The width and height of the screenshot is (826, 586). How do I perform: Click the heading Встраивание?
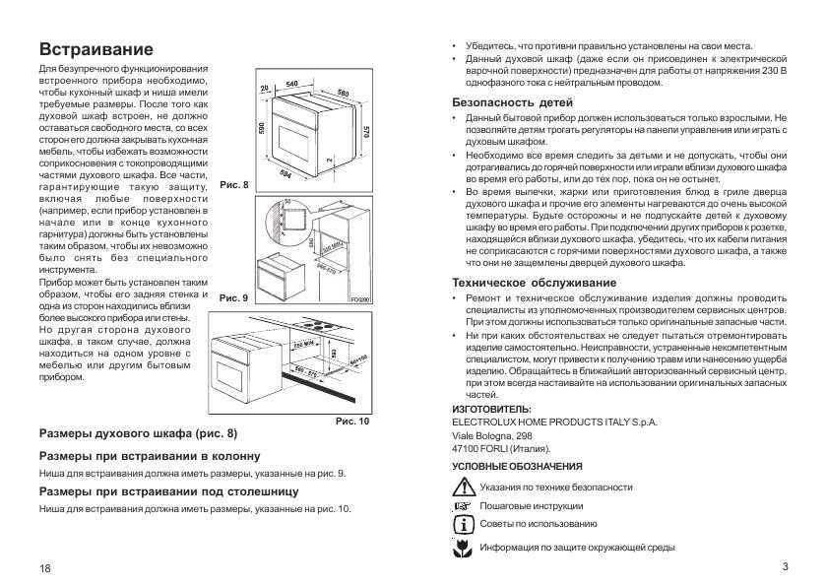coord(95,49)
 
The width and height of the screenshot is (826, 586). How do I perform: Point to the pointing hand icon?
coord(462,505)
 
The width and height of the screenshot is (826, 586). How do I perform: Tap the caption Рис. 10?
coord(352,422)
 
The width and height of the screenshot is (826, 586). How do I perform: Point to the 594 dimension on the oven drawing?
coord(286,174)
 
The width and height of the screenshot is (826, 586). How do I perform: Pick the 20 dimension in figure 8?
coord(265,89)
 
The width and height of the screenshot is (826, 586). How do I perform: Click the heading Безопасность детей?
coord(512,102)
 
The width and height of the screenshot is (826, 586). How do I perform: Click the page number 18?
coord(45,570)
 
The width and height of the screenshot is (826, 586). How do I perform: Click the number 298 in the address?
coord(523,434)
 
